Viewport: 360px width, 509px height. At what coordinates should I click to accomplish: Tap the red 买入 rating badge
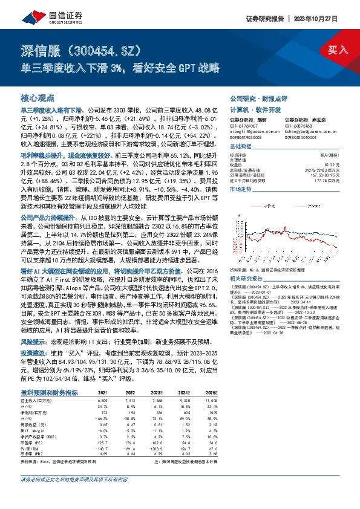click(x=335, y=51)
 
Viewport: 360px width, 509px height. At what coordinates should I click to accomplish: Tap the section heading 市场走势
click(x=240, y=189)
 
